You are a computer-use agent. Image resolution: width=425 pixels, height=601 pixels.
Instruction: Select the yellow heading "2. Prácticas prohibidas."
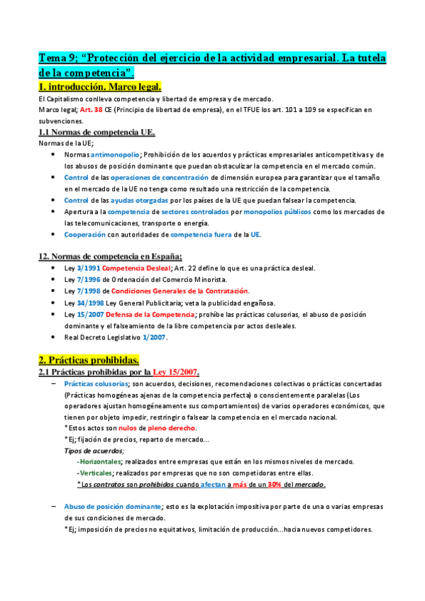tap(89, 359)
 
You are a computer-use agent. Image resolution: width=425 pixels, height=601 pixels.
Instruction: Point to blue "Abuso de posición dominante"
tap(112, 507)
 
